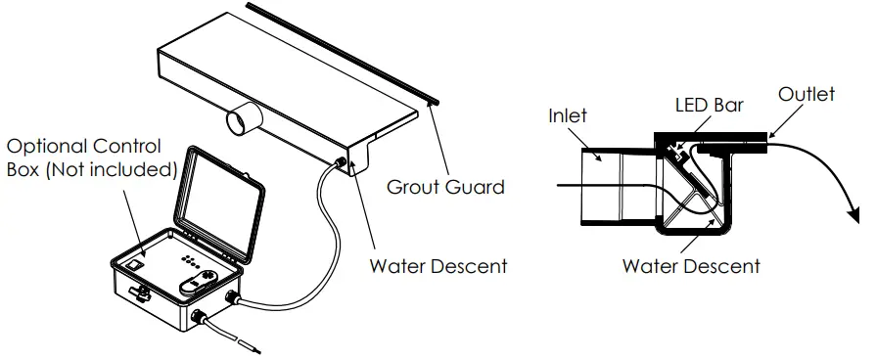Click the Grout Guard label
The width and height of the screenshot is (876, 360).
445,186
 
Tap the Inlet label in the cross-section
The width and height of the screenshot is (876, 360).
568,115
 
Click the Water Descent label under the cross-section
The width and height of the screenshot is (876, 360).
691,265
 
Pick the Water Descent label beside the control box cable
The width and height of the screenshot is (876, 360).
438,265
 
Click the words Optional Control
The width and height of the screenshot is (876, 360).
84,146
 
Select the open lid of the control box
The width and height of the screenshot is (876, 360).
221,197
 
